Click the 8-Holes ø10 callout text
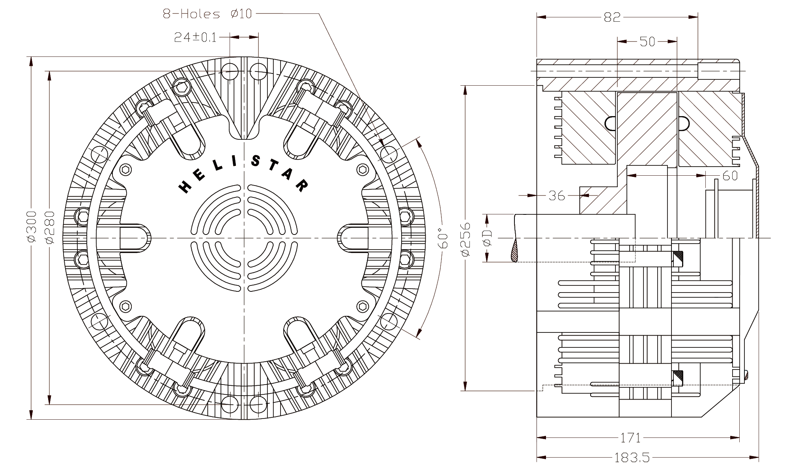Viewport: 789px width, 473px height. (208, 14)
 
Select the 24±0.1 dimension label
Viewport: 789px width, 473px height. (196, 37)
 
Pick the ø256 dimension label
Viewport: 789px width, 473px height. (466, 239)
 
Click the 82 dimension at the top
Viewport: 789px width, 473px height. (612, 17)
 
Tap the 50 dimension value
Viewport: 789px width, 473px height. (647, 41)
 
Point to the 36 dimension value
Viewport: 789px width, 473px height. (557, 195)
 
